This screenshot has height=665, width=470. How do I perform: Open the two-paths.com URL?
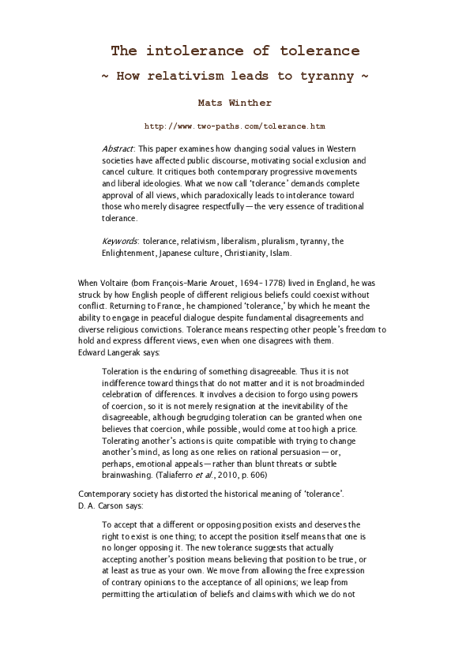(x=235, y=126)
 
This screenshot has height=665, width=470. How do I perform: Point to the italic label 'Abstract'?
(x=118, y=148)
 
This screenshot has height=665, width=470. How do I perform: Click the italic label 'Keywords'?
(x=120, y=242)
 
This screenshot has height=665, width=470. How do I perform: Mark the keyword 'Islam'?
(x=279, y=254)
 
